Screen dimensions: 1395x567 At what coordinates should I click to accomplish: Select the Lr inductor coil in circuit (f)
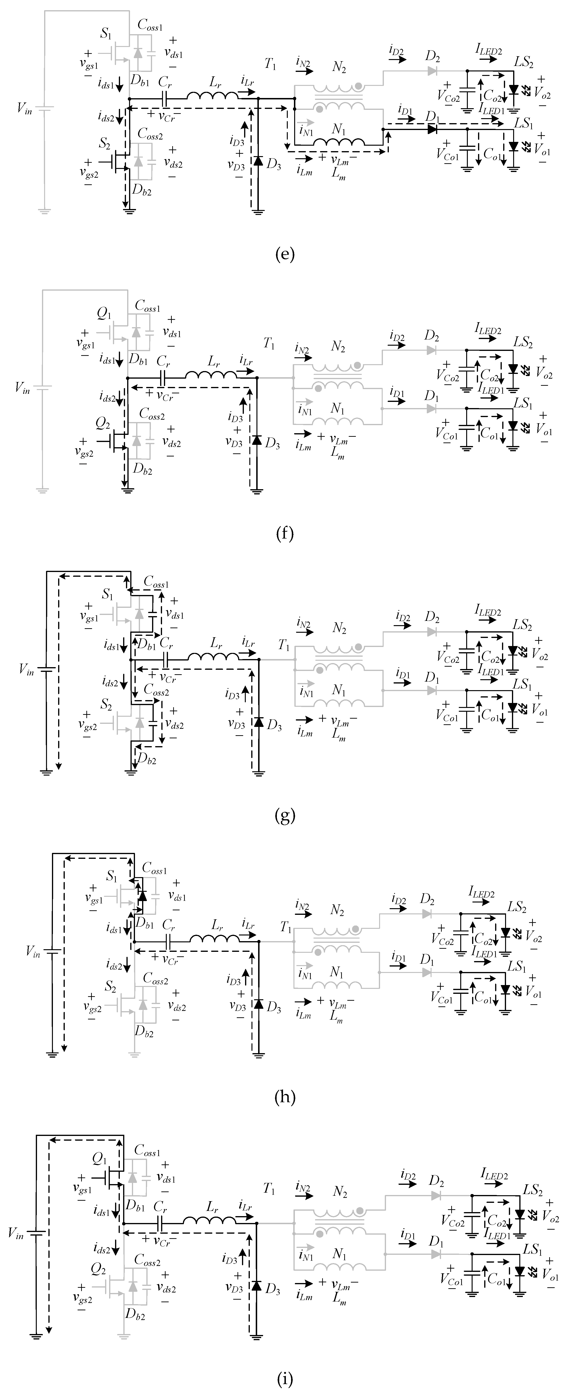click(211, 375)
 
